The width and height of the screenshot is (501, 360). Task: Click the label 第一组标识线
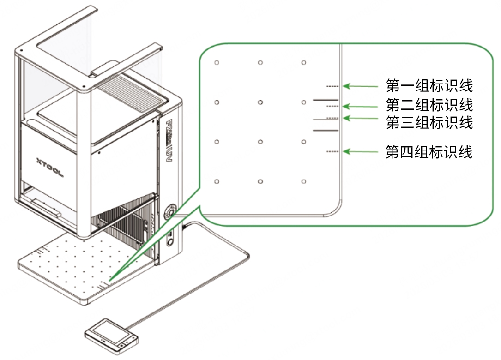coord(429,86)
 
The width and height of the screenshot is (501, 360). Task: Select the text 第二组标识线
coord(429,105)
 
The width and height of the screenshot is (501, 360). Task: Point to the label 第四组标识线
coord(429,152)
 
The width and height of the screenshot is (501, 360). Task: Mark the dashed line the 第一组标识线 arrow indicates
coord(332,86)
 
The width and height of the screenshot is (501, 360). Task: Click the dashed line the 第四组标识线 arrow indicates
coord(332,151)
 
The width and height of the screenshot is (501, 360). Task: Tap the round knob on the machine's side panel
coord(170,211)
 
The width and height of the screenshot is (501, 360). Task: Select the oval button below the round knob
coord(170,240)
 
